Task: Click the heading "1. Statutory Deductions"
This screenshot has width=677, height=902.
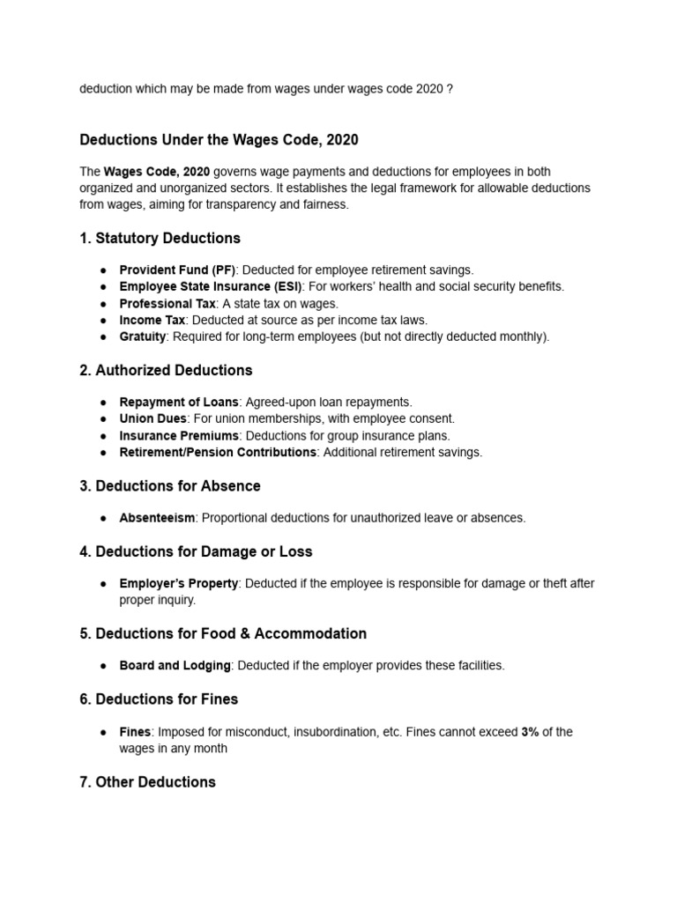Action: point(160,238)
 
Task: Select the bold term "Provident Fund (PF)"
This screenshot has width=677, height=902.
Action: point(177,270)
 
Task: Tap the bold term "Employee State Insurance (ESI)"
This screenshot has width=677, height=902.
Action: point(211,286)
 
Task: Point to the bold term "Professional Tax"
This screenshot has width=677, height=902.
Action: point(167,303)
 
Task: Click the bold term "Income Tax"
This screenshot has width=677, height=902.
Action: point(153,320)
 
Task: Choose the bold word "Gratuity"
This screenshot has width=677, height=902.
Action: point(143,336)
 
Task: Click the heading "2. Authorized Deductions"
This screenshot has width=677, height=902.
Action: point(166,370)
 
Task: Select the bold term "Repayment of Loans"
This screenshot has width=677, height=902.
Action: point(179,402)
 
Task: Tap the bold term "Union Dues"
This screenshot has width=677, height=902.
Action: point(153,418)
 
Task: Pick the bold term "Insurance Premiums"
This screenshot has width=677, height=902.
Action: point(179,435)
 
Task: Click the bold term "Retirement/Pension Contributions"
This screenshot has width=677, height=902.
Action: point(218,452)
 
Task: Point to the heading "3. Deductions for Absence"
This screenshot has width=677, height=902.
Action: point(170,485)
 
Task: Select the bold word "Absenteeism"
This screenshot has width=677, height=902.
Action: point(157,518)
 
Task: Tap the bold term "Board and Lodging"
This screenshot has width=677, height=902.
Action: point(175,665)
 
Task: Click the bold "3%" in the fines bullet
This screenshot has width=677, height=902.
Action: point(530,732)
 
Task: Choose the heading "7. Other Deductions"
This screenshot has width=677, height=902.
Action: point(147,781)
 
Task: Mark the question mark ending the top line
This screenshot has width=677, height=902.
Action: point(450,90)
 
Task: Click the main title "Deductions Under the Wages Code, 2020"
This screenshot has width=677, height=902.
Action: point(219,139)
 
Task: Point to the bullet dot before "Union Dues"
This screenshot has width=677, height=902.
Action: point(103,419)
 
